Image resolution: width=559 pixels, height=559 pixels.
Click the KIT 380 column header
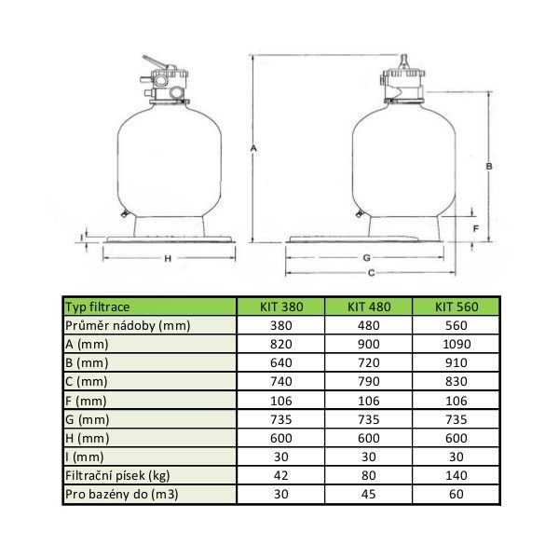(281, 307)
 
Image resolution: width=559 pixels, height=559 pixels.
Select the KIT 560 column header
(457, 307)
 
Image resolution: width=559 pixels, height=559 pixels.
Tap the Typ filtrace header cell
(97, 307)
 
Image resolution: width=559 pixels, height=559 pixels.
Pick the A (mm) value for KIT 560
(457, 344)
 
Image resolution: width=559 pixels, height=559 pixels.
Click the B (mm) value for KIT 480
(369, 362)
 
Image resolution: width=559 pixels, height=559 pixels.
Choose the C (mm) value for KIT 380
(281, 381)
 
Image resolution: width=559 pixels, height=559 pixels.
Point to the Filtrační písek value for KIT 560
(457, 475)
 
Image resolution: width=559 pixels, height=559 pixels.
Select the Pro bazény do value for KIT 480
(369, 494)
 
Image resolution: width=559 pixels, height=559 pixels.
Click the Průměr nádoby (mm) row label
(128, 325)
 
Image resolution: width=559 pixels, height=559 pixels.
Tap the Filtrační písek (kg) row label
(117, 475)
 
